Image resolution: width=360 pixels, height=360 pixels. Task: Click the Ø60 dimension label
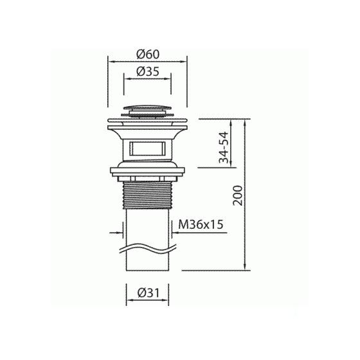tap(148, 55)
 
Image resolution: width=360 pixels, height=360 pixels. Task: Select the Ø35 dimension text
tap(148, 71)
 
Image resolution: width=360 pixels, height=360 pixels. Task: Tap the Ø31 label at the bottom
tap(148, 293)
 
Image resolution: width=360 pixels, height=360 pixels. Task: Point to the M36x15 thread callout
tap(201, 224)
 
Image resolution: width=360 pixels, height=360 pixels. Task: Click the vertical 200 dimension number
tap(238, 195)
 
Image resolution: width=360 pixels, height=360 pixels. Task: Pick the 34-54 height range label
tap(224, 147)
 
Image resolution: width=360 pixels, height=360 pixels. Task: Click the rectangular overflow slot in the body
tap(147, 148)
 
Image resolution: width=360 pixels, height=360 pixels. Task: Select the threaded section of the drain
tap(147, 195)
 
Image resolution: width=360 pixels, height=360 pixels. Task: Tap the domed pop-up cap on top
tap(147, 107)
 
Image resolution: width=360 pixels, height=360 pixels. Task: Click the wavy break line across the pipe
tap(148, 249)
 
